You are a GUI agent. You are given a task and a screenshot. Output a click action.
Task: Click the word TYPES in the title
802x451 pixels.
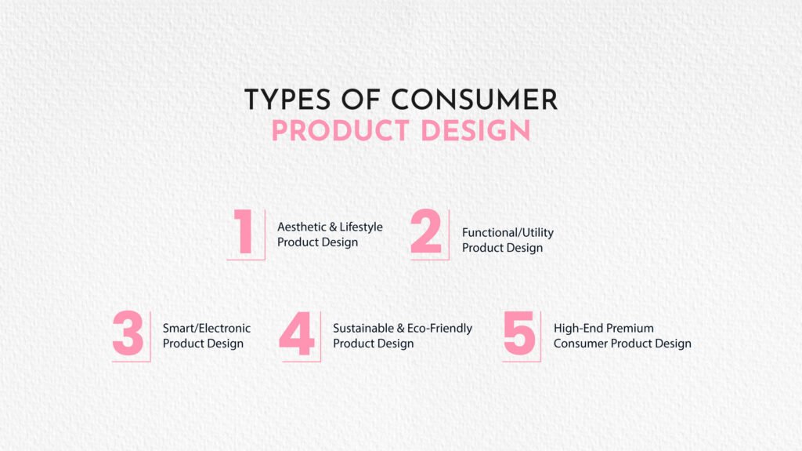click(287, 100)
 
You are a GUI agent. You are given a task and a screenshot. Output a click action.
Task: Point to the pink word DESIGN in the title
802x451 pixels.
click(475, 131)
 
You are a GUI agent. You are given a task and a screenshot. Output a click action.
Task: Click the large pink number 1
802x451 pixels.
click(244, 231)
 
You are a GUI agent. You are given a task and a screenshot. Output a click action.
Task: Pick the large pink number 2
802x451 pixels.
click(425, 231)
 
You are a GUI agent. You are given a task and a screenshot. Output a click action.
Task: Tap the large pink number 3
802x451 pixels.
click(128, 333)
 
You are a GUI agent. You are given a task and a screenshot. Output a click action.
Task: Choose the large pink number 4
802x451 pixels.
click(297, 333)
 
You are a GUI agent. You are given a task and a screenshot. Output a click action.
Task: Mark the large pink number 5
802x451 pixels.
click(519, 333)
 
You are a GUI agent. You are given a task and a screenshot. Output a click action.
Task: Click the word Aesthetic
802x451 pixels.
click(302, 227)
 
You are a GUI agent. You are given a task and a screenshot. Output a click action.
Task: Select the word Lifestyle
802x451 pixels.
click(361, 227)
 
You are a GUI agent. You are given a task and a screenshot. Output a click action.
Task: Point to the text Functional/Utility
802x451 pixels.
click(508, 233)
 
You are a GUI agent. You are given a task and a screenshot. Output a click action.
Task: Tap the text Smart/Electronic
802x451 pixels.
click(207, 329)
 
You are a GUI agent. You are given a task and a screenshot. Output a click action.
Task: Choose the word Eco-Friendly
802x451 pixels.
click(439, 329)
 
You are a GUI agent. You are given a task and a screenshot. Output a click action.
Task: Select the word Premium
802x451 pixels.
click(630, 328)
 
